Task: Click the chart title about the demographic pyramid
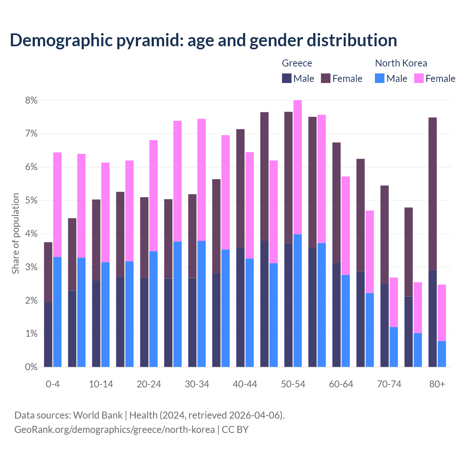(203, 40)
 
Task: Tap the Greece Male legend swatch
(287, 78)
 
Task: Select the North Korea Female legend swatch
(419, 78)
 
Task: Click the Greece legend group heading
(297, 63)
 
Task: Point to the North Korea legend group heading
(401, 63)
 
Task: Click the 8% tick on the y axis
(31, 100)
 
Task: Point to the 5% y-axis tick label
(31, 200)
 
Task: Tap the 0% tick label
(31, 367)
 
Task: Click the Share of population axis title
(15, 234)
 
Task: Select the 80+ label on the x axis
(437, 384)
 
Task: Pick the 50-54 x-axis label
(293, 384)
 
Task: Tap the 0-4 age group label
(53, 384)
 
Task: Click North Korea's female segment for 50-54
(297, 167)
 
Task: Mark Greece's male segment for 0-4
(48, 335)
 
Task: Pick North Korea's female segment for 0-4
(57, 205)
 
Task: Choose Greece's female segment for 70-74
(384, 235)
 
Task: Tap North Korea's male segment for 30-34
(202, 304)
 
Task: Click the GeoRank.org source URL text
(115, 429)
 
